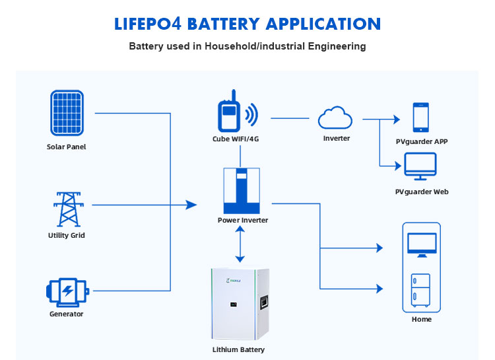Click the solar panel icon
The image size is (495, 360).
click(66, 112)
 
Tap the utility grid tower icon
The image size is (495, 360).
click(66, 208)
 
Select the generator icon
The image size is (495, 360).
click(66, 290)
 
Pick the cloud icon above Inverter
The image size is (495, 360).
click(335, 118)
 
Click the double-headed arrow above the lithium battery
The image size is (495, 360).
click(241, 245)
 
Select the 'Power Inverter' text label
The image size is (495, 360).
click(243, 220)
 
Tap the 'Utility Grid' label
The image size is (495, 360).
click(66, 235)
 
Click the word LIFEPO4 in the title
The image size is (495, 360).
click(148, 24)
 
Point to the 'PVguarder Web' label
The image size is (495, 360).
click(422, 192)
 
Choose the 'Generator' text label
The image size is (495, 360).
click(66, 314)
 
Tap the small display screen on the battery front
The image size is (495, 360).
click(233, 305)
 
